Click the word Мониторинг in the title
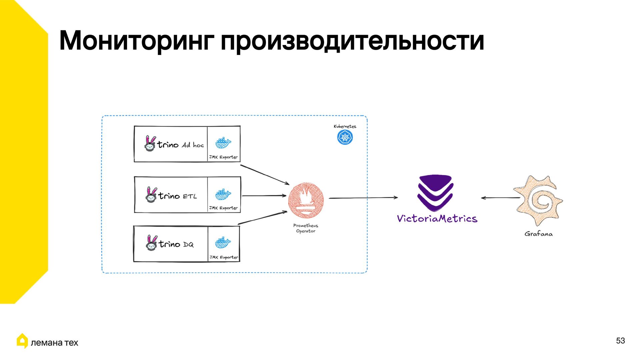click(x=136, y=41)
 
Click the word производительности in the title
click(x=352, y=41)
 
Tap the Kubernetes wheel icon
click(x=345, y=137)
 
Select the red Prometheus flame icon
click(x=306, y=201)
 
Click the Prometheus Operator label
click(x=306, y=228)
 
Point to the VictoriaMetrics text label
click(x=437, y=219)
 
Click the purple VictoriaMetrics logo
click(x=435, y=192)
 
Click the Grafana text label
click(x=538, y=234)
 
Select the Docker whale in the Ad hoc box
click(x=223, y=143)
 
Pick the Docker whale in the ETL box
click(x=223, y=194)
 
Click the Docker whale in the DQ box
click(x=223, y=243)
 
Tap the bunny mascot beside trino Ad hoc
click(x=150, y=144)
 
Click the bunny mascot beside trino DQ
click(x=151, y=243)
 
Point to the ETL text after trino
click(x=190, y=196)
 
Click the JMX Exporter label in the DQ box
click(x=224, y=257)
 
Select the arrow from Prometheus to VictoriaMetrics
click(x=363, y=198)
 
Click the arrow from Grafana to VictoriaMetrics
click(x=500, y=198)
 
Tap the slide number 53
click(x=620, y=341)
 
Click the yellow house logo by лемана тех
click(x=22, y=341)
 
